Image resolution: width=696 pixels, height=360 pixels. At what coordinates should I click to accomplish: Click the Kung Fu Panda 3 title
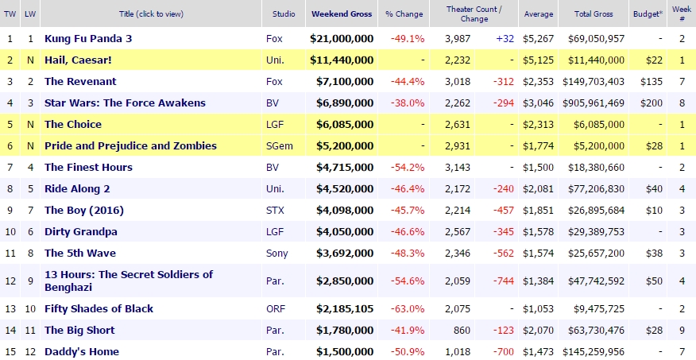pyautogui.click(x=88, y=38)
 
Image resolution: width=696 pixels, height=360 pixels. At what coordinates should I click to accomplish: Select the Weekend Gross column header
pyautogui.click(x=341, y=14)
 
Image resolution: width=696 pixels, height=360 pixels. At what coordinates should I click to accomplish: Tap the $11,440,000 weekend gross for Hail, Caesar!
pyautogui.click(x=341, y=60)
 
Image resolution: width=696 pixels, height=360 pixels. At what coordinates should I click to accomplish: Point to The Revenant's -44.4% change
pyautogui.click(x=407, y=81)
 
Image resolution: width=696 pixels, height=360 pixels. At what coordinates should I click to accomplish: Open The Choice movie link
pyautogui.click(x=72, y=124)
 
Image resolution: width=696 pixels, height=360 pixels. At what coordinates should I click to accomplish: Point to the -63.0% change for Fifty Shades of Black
pyautogui.click(x=407, y=308)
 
